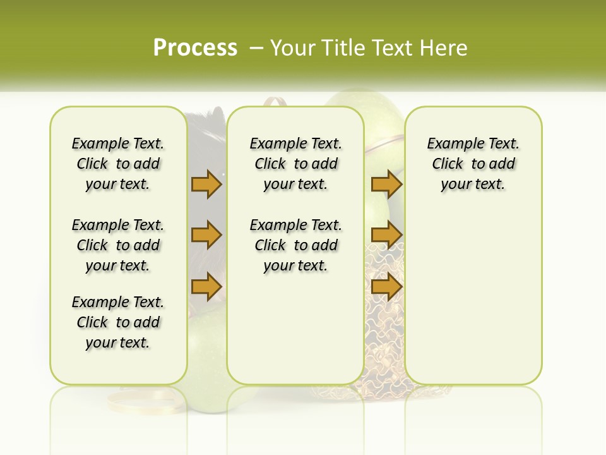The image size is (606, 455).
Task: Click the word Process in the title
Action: (x=195, y=47)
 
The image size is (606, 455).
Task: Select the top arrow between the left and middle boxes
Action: (x=206, y=184)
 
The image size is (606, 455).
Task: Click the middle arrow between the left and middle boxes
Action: (x=206, y=236)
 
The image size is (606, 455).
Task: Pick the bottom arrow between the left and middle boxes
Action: (x=206, y=287)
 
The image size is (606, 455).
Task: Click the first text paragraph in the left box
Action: (x=118, y=164)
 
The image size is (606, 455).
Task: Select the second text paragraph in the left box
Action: (x=118, y=245)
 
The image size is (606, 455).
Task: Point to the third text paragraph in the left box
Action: (x=118, y=322)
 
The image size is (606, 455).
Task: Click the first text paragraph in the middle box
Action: (x=296, y=164)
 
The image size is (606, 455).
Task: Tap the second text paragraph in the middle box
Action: (x=296, y=245)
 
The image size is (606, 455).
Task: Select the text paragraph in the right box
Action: (x=473, y=164)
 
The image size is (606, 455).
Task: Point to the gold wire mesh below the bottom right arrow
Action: (x=385, y=341)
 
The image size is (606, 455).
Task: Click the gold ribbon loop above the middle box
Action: (x=275, y=101)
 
